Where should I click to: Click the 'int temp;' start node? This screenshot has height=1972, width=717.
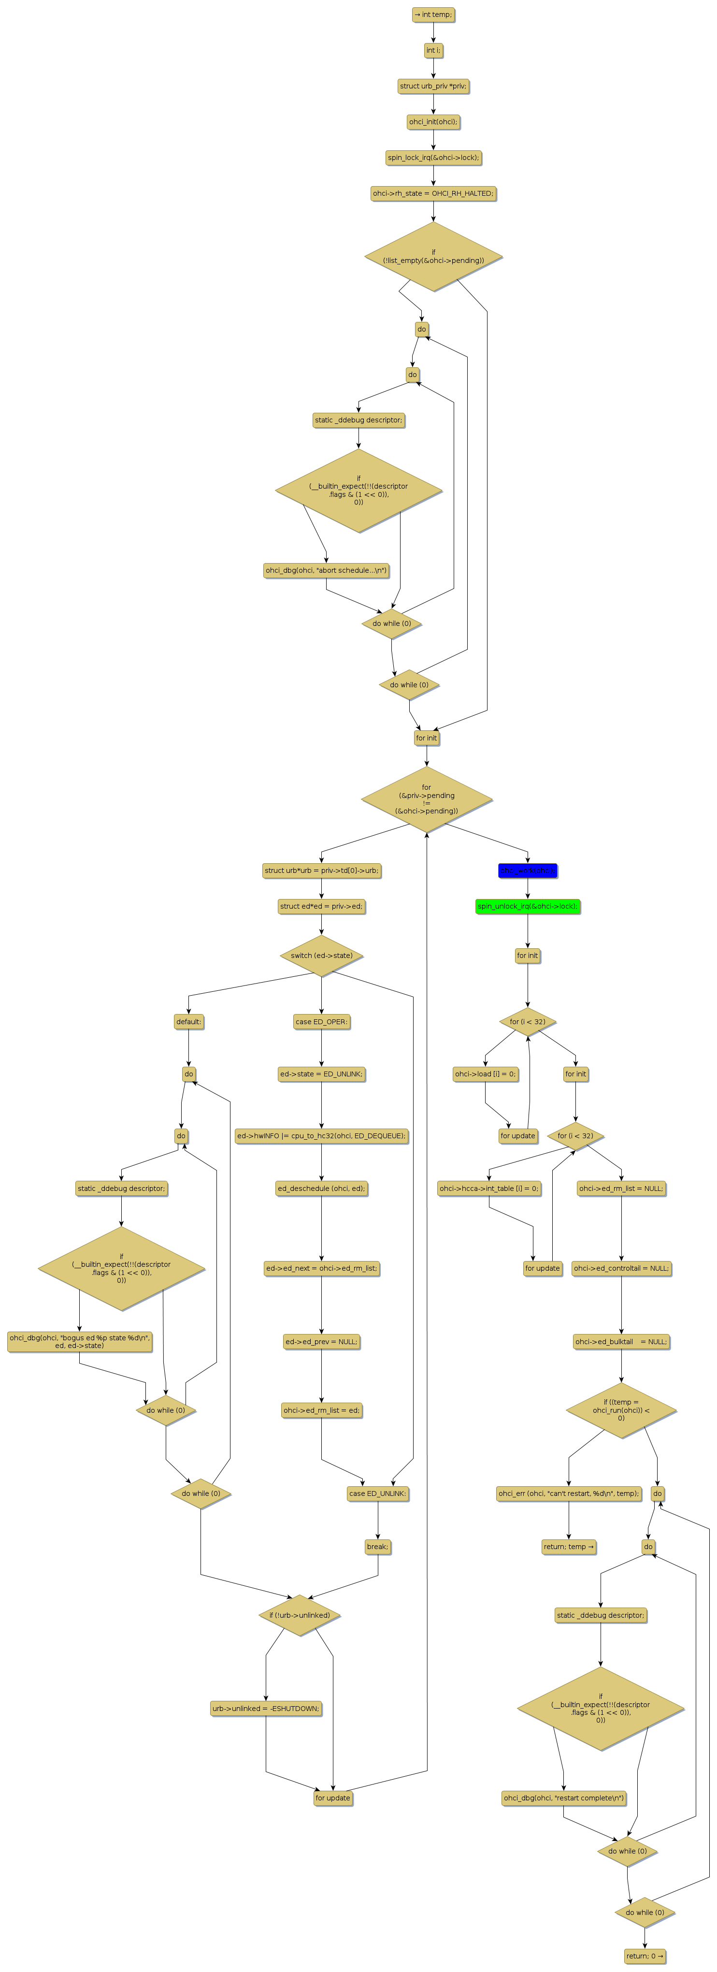coord(433,14)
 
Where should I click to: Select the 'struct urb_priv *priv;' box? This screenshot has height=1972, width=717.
coord(433,86)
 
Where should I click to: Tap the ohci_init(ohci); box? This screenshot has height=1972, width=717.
coord(433,122)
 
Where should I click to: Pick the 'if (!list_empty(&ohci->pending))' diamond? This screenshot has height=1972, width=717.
coord(433,257)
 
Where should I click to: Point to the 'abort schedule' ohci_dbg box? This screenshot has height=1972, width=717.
coord(326,570)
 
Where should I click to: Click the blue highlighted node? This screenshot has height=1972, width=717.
coord(527,870)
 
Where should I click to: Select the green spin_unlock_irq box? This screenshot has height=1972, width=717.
coord(527,906)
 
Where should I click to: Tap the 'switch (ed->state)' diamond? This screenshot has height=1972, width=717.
coord(321,956)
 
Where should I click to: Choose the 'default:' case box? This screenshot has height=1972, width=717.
coord(188,1021)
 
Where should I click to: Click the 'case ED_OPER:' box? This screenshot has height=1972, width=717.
coord(321,1021)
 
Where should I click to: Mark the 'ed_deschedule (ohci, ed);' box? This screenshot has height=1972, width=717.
coord(321,1188)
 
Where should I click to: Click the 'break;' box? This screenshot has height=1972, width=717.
coord(377,1546)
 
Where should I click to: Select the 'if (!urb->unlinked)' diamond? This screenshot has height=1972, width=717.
coord(299,1615)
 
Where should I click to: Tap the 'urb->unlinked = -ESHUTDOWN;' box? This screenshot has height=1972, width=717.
coord(266,1708)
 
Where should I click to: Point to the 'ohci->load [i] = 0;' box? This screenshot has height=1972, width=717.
coord(485,1074)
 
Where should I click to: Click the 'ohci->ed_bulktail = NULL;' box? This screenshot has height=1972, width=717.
coord(621,1341)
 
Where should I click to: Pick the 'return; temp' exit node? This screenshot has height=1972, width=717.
coord(569,1546)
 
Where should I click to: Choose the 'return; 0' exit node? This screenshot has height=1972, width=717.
coord(645,1956)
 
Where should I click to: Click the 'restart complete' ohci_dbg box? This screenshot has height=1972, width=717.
coord(564,1798)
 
